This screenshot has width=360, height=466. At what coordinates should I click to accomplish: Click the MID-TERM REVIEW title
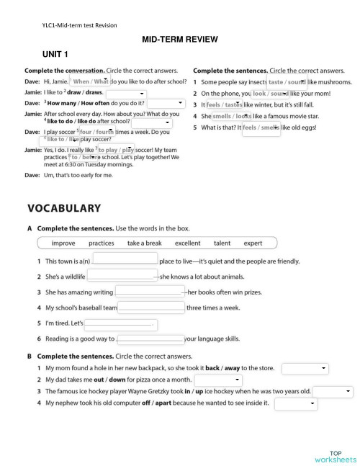tap(180, 40)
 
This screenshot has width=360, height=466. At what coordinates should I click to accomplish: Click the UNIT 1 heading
tap(55, 55)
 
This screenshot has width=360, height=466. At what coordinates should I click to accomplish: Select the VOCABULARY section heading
tap(64, 208)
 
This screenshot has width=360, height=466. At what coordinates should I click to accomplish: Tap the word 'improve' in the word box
tap(63, 243)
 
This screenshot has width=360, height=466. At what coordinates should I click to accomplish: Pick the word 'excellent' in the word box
tap(187, 243)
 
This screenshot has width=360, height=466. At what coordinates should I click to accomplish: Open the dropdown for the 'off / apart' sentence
tap(296, 403)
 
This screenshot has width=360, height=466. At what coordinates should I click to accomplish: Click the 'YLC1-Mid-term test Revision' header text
tap(80, 25)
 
